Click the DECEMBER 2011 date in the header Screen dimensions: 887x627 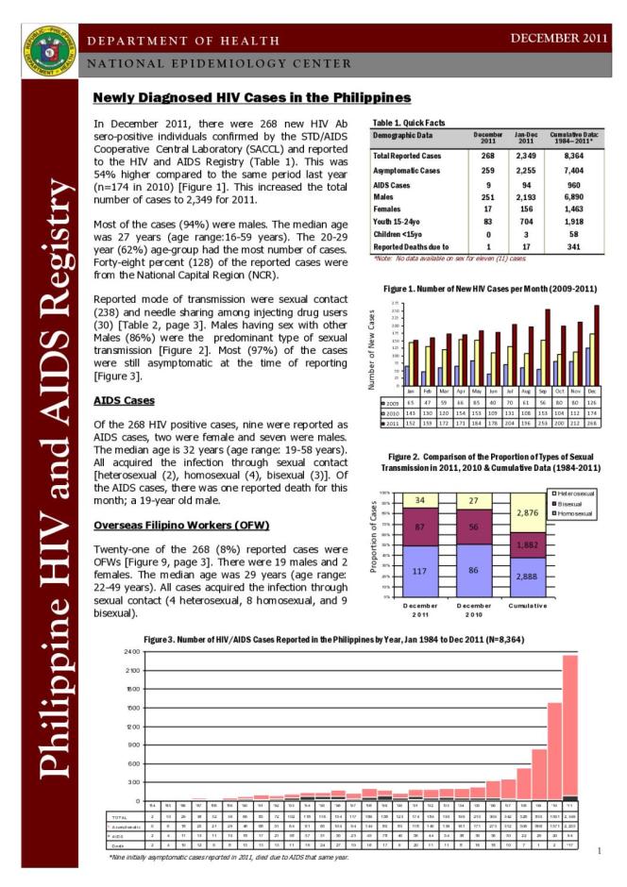point(557,38)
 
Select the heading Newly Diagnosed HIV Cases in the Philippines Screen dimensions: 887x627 point(251,97)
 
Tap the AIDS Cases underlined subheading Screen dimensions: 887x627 point(118,400)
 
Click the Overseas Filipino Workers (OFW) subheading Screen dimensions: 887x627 point(181,524)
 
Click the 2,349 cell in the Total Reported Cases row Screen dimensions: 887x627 point(528,155)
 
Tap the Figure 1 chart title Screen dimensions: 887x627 point(490,288)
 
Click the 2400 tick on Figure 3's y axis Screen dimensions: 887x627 point(129,652)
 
